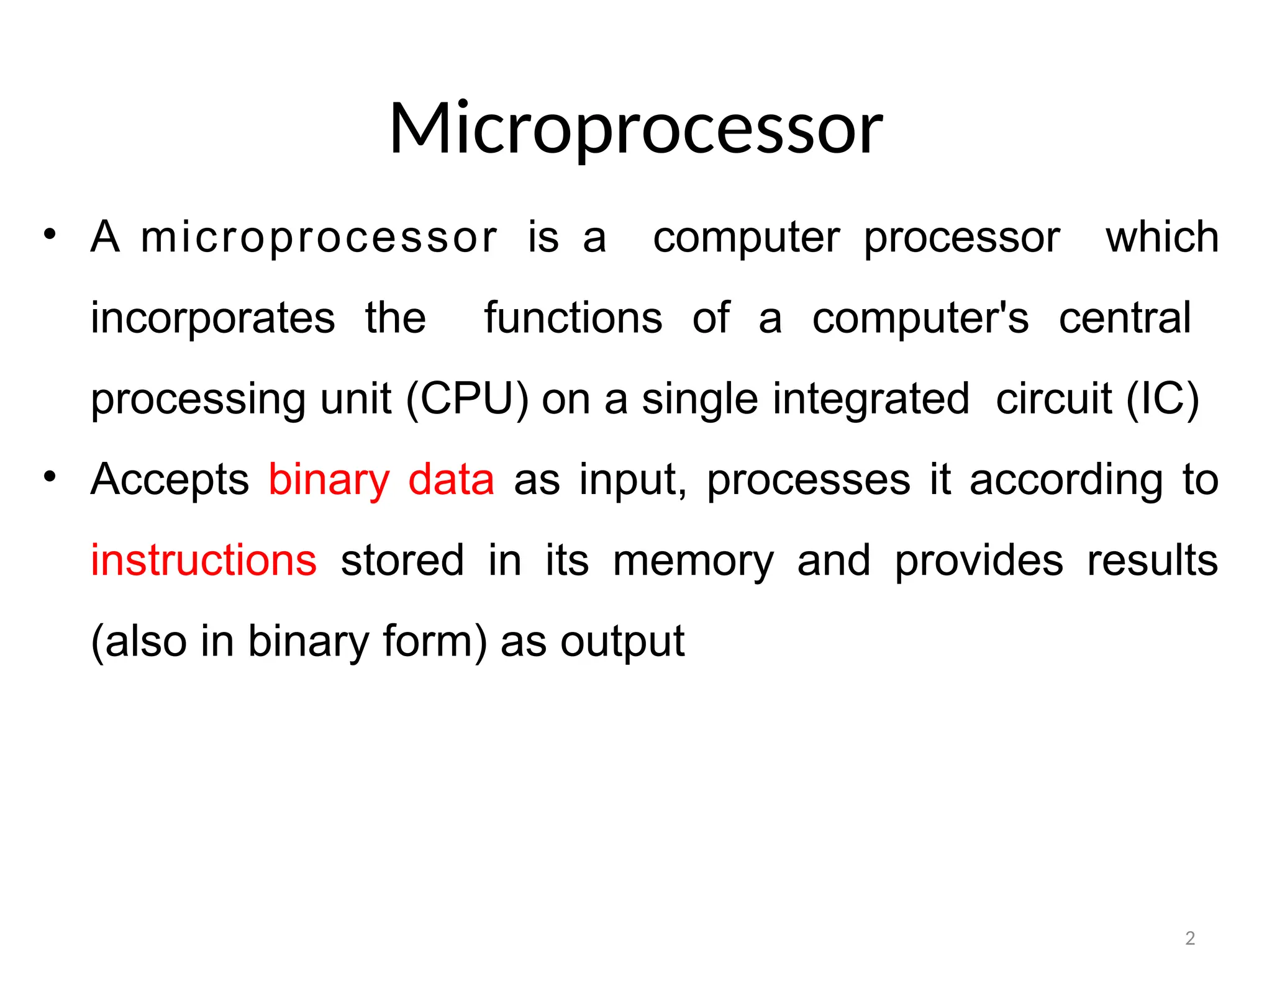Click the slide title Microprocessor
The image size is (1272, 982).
click(635, 129)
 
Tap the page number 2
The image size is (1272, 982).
click(1189, 938)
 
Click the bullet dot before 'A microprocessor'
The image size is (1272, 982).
click(50, 235)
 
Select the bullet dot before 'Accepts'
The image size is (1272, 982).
click(50, 477)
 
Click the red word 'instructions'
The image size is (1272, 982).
click(204, 561)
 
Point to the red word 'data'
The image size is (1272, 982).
click(451, 480)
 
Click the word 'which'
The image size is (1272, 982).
click(1162, 237)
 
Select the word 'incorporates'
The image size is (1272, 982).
click(213, 318)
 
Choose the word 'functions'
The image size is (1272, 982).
click(573, 318)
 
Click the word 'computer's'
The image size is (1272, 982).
click(920, 318)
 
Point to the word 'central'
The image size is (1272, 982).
click(1125, 318)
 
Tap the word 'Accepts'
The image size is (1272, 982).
click(170, 480)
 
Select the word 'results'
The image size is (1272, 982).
click(1152, 561)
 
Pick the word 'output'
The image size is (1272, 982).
click(622, 642)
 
